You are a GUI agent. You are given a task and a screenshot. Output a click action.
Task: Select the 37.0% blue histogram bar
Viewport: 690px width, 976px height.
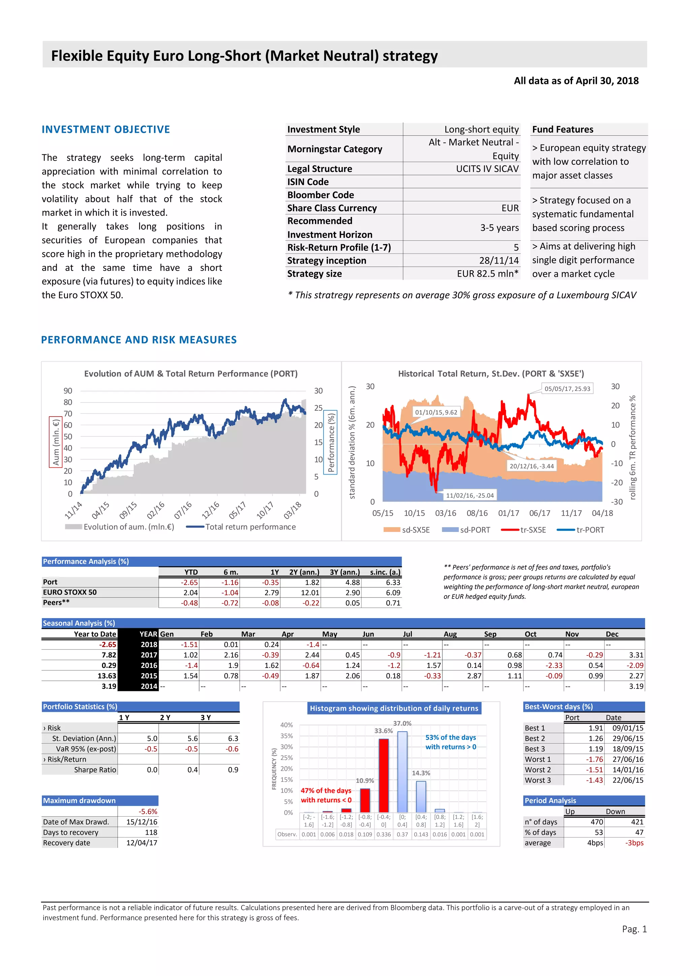pos(402,771)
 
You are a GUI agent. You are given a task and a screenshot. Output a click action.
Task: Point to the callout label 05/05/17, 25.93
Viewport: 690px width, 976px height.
pos(567,389)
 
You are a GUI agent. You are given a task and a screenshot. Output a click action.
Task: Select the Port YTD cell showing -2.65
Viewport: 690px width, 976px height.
pos(189,582)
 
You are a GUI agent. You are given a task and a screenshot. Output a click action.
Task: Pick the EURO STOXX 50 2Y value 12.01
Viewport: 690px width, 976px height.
pos(310,592)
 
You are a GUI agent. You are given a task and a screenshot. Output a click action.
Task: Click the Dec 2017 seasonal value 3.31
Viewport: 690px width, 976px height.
pos(636,655)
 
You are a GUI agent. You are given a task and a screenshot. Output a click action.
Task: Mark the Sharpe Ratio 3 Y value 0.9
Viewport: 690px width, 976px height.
pos(233,770)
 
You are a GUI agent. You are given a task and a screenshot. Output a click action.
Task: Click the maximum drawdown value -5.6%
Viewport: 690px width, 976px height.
pos(148,812)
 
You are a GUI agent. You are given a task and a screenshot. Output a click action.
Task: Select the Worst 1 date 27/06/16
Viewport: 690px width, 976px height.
pos(628,759)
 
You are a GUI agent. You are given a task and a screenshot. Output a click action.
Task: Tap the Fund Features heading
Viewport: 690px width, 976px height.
pos(563,129)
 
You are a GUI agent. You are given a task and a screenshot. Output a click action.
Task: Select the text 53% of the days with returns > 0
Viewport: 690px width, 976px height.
pos(450,742)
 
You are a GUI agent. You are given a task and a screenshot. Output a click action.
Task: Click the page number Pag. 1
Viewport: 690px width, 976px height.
pos(634,929)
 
